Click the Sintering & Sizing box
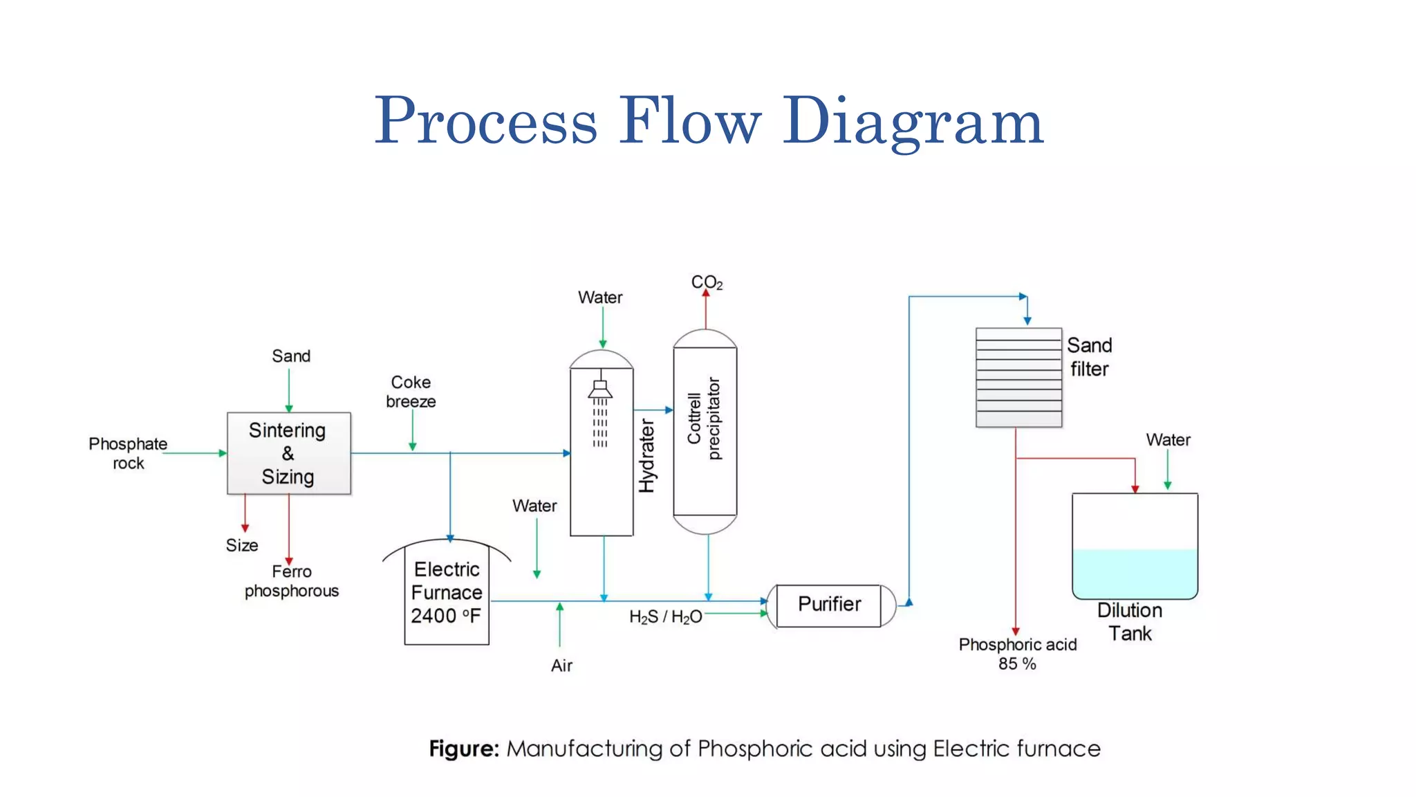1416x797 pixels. click(x=288, y=453)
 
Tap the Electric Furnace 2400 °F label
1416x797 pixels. click(x=447, y=592)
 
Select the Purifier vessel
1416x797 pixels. click(x=829, y=605)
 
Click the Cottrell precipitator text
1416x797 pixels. click(x=704, y=419)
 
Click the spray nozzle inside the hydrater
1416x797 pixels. click(x=600, y=390)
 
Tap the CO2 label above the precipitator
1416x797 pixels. click(x=707, y=282)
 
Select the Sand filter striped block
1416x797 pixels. click(x=1018, y=378)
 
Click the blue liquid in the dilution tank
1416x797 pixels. click(x=1135, y=573)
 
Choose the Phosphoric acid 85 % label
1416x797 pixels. click(x=1017, y=653)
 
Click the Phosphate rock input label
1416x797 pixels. click(x=128, y=453)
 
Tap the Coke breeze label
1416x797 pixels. click(x=411, y=392)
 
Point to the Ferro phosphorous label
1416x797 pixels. click(x=292, y=581)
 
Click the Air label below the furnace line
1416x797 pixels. click(x=561, y=666)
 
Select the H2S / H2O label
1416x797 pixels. click(x=665, y=616)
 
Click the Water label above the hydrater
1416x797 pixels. click(x=600, y=297)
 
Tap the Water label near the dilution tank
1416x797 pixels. click(x=1168, y=440)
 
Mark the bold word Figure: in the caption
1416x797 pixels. click(x=463, y=749)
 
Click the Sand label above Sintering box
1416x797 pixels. click(x=291, y=356)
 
